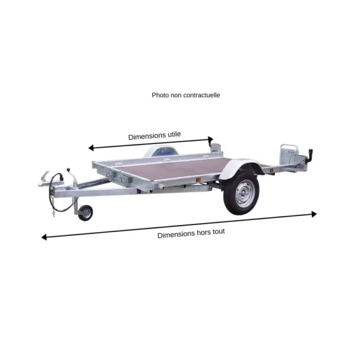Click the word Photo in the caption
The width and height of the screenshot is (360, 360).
point(160,95)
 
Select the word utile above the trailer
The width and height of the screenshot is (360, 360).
point(174,134)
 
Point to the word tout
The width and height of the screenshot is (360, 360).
point(218,232)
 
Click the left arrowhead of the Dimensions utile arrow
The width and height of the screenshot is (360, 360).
point(91,148)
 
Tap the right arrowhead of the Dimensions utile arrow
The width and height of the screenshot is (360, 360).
point(211,139)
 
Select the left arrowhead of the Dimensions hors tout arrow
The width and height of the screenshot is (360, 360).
point(44,237)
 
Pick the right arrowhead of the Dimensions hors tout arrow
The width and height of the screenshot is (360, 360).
point(314,214)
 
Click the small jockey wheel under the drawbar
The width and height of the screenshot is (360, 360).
point(85,213)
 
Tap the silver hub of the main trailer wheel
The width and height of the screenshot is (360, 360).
point(244,194)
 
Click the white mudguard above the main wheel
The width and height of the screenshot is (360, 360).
point(239,167)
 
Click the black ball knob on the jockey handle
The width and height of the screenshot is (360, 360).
point(68,170)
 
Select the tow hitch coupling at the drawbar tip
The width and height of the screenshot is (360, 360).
point(44,179)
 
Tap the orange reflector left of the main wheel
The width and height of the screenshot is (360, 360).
point(199,180)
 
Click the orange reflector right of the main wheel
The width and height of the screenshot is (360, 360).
point(272,170)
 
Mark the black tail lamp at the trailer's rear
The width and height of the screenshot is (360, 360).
point(310,154)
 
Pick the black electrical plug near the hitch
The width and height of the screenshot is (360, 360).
point(62,177)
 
